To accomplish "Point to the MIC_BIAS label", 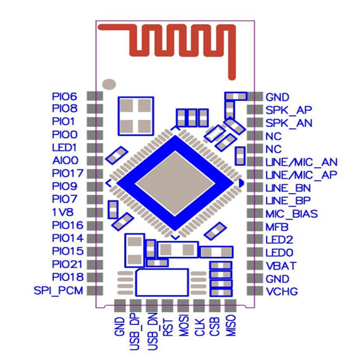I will (x=292, y=214).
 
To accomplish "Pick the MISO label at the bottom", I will (x=231, y=326).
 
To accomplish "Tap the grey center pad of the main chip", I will (x=175, y=183).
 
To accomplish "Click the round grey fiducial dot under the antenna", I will (x=109, y=84).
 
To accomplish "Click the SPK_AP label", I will (x=289, y=110).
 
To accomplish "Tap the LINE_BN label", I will (x=288, y=188).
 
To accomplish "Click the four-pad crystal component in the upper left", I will (x=136, y=116).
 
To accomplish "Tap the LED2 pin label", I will (x=279, y=240).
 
